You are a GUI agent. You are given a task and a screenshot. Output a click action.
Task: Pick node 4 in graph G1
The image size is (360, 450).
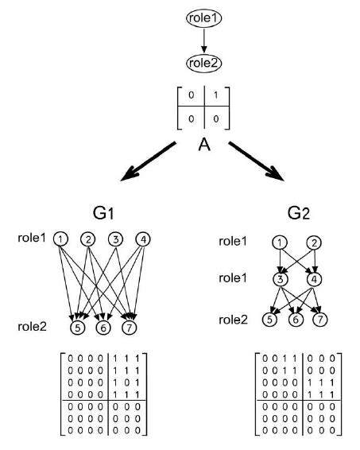tap(143, 239)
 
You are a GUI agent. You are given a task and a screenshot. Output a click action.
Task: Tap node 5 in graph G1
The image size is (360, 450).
tap(76, 326)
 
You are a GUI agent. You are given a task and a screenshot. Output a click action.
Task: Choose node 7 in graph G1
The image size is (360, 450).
tap(130, 326)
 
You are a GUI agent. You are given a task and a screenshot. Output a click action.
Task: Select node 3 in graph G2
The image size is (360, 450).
tap(279, 280)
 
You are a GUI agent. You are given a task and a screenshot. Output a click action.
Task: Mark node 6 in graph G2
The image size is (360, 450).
tap(295, 320)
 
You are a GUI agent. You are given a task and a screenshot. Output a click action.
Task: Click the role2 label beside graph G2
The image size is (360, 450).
tap(235, 320)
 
